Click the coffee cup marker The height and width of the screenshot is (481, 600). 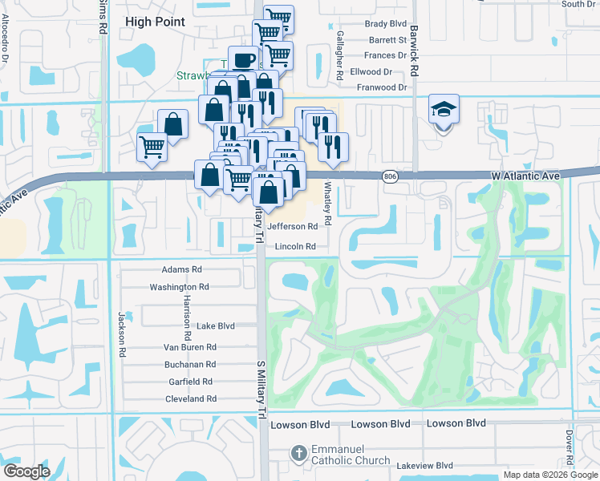[x=243, y=60]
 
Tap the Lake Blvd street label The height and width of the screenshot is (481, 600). [x=216, y=326]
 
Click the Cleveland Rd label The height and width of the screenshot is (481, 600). [x=191, y=398]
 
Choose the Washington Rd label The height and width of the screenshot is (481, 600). [x=180, y=287]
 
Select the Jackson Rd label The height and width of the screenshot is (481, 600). [x=123, y=334]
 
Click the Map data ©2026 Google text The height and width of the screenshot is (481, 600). [x=549, y=475]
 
